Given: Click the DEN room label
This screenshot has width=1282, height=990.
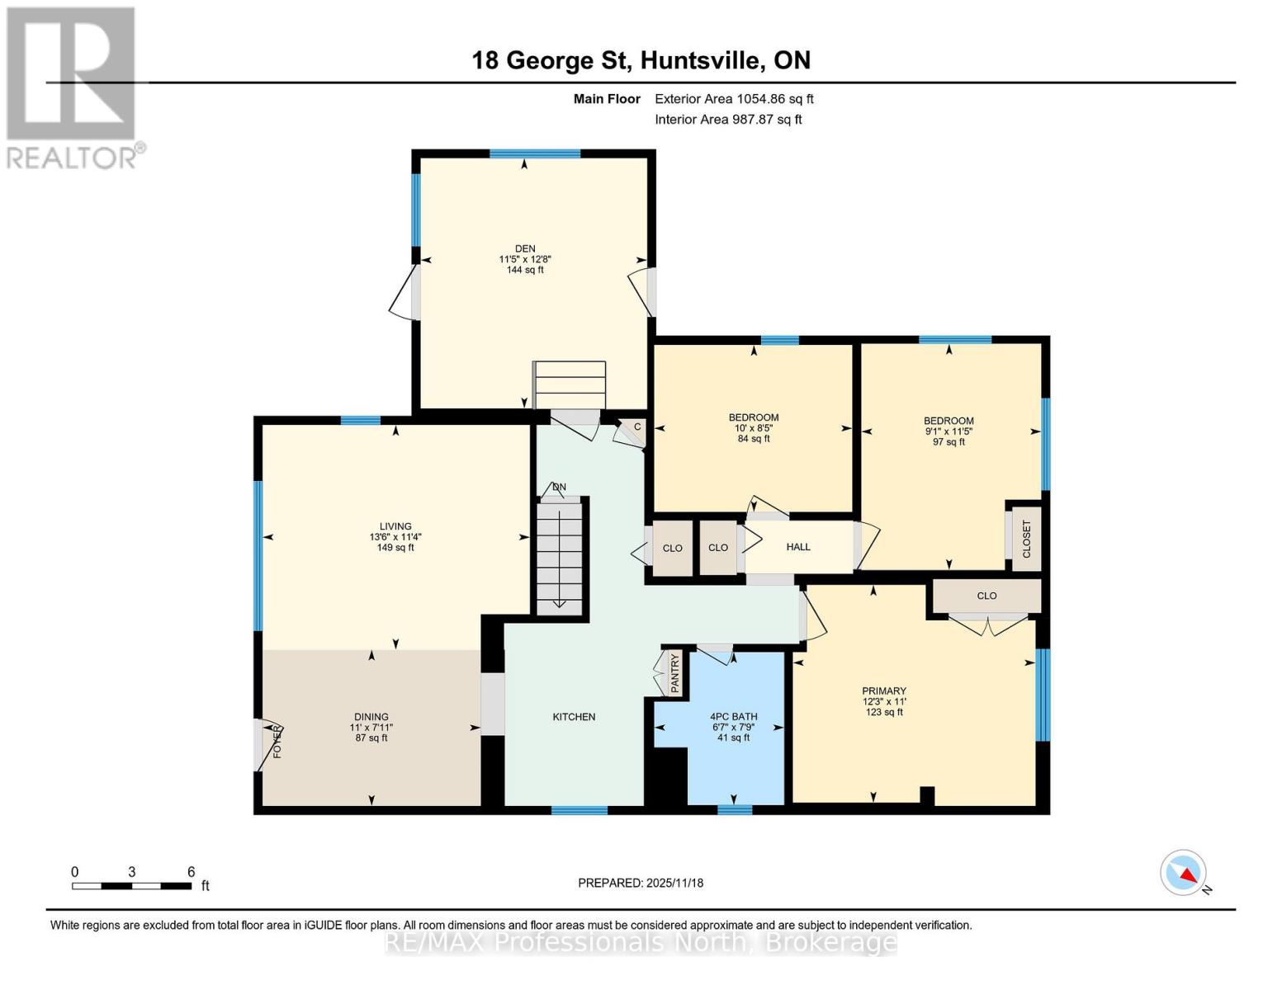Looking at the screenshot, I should click(525, 249).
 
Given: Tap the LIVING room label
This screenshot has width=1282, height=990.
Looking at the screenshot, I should click(395, 526).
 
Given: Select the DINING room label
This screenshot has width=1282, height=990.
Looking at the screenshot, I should click(371, 717).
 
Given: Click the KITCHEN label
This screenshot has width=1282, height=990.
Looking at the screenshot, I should click(574, 717).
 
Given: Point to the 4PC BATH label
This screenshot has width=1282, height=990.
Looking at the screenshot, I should click(733, 717).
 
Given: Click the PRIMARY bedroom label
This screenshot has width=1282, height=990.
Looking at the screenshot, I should click(883, 691).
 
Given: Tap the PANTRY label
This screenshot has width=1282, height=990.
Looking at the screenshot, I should click(674, 673).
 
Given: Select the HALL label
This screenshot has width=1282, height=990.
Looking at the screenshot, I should click(797, 547).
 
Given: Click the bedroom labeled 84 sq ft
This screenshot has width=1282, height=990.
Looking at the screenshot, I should click(753, 417).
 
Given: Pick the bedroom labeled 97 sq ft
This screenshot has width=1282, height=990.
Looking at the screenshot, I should click(948, 421).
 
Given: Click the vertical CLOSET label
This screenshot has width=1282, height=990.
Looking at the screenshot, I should click(1027, 540).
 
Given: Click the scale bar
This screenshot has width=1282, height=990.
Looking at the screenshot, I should click(132, 886).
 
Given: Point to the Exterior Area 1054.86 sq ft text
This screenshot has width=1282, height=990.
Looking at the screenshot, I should click(734, 99).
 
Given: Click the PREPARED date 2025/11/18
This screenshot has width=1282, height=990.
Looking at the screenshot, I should click(641, 883).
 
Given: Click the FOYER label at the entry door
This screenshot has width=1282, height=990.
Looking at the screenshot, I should click(277, 742).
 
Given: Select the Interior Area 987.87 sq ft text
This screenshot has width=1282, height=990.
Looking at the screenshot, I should click(728, 120).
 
